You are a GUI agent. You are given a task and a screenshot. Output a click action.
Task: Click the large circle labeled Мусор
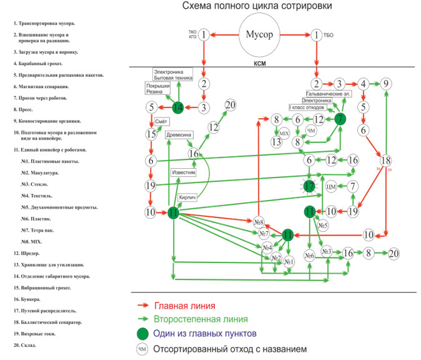click(258, 35)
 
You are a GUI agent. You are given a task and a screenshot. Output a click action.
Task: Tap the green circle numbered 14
click(177, 108)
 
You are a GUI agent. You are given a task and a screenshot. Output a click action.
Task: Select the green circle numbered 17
click(309, 186)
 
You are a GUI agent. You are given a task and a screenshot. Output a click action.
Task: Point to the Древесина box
click(179, 135)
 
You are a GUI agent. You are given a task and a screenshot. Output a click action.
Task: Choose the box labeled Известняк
click(184, 172)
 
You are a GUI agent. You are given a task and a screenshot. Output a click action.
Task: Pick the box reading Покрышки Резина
click(156, 88)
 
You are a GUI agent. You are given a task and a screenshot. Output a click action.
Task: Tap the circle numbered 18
click(386, 160)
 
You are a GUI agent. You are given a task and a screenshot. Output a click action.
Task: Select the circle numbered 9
click(387, 84)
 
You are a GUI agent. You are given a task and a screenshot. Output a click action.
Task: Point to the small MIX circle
click(284, 133)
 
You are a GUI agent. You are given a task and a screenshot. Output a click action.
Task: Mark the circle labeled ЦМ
click(332, 186)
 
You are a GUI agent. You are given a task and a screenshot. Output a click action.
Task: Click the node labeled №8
click(259, 221)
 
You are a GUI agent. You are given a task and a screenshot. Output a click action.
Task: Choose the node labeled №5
click(322, 226)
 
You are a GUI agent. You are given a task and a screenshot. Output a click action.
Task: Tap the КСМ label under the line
click(260, 64)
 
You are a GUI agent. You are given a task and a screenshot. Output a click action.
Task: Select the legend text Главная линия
click(186, 306)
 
